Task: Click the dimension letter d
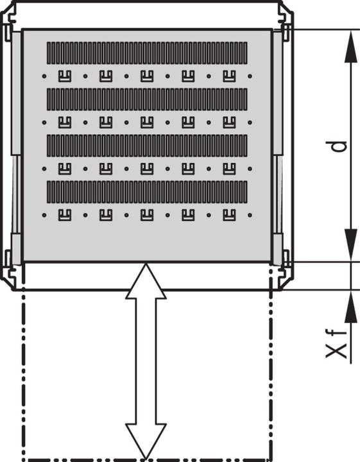click(341, 146)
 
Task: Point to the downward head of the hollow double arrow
click(146, 443)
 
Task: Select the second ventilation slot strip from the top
click(147, 99)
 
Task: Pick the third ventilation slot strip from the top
click(147, 146)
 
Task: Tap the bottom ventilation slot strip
click(147, 192)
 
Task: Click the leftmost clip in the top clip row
click(64, 76)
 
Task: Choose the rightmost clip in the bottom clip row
click(229, 214)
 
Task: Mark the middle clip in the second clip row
click(146, 122)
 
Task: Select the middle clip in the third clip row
click(146, 168)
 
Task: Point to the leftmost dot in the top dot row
click(44, 76)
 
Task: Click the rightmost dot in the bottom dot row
click(250, 214)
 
